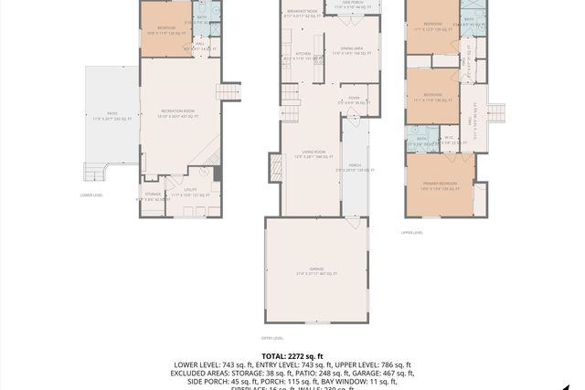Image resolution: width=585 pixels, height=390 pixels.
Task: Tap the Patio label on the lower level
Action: coord(112,117)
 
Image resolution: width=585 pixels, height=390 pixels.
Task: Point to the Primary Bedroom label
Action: coord(440,186)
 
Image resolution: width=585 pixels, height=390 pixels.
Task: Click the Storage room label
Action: coord(153,195)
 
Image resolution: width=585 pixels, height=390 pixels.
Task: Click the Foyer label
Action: coord(353,100)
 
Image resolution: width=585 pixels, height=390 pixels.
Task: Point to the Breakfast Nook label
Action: coord(301,13)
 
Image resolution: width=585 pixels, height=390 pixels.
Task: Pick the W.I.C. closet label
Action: coord(449,140)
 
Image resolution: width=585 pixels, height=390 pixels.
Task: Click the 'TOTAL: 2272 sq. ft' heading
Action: coord(292,356)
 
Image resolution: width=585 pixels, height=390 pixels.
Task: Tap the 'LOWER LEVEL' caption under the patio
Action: coord(91,195)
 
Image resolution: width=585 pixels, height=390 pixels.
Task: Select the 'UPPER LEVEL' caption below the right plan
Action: coord(412,232)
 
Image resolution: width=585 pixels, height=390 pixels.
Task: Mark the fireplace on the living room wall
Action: coord(274,166)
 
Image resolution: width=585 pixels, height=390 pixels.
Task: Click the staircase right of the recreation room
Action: coord(229,91)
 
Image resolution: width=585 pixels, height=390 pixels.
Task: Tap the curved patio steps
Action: coord(94,172)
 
